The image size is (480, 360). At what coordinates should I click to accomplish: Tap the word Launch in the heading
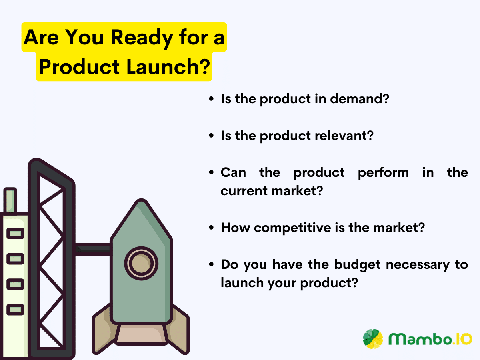click(161, 67)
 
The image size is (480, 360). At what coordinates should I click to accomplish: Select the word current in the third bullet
click(244, 191)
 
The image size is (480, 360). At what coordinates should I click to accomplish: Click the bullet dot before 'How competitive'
click(211, 228)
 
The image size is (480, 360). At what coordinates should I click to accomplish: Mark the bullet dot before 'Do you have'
click(211, 264)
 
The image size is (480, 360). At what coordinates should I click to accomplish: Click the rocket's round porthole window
click(141, 263)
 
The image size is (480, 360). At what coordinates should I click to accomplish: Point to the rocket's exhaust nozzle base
click(141, 334)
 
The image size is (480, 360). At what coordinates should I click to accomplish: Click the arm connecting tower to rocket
click(92, 249)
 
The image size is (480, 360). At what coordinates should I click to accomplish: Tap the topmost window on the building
click(15, 233)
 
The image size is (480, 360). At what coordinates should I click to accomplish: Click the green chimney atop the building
click(10, 200)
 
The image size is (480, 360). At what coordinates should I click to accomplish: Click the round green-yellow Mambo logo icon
click(373, 339)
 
